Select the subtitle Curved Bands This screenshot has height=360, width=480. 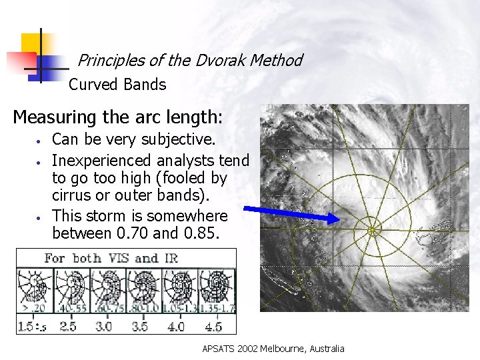pos(117,85)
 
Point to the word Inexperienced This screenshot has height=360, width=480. pos(103,161)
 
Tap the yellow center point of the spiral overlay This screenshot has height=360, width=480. pos(373,231)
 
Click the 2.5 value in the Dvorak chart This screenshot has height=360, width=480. pos(68,327)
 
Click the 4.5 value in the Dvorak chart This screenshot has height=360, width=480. pos(214,327)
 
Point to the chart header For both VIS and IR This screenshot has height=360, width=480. pos(111,258)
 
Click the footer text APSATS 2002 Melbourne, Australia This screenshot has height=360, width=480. pos(273,349)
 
